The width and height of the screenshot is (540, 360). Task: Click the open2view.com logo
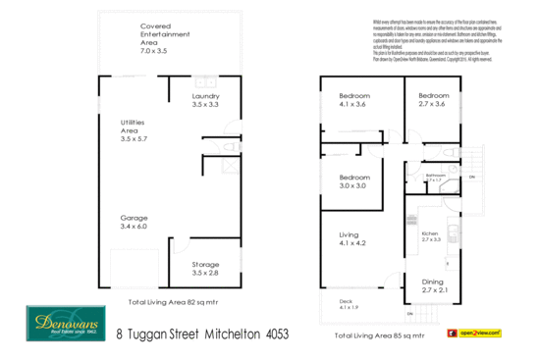pyautogui.click(x=477, y=334)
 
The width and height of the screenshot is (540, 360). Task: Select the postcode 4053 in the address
pyautogui.click(x=278, y=334)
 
